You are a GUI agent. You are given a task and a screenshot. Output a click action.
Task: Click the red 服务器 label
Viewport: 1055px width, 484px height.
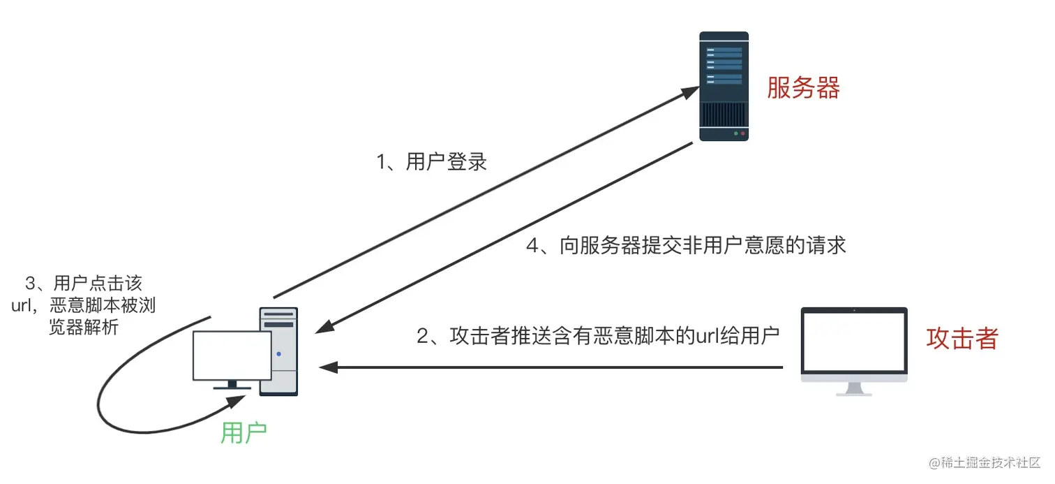pyautogui.click(x=803, y=88)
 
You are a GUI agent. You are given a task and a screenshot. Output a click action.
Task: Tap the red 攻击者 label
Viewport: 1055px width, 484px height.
pyautogui.click(x=962, y=338)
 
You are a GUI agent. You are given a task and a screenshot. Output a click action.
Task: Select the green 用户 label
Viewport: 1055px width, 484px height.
pyautogui.click(x=244, y=433)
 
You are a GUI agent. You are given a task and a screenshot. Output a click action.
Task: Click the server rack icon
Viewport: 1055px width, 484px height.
pyautogui.click(x=724, y=86)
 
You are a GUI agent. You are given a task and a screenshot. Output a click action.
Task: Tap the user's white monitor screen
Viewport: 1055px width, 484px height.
pyautogui.click(x=232, y=355)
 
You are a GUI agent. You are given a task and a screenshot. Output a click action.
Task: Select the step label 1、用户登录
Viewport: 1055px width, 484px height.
pyautogui.click(x=431, y=162)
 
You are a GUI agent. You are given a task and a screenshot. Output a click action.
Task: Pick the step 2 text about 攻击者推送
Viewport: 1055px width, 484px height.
pyautogui.click(x=597, y=336)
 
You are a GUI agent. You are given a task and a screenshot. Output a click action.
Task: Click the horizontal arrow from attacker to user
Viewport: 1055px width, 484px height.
pyautogui.click(x=551, y=367)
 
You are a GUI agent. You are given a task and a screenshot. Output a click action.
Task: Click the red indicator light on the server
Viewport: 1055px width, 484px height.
pyautogui.click(x=742, y=133)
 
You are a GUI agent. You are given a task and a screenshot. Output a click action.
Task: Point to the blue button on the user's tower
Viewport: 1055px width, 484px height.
pyautogui.click(x=278, y=353)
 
